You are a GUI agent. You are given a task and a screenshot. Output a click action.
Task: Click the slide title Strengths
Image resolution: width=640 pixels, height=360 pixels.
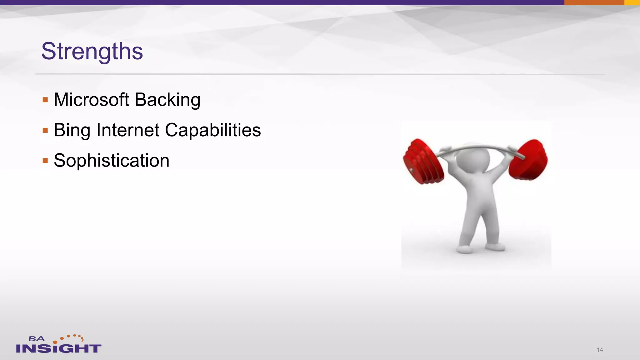point(92,51)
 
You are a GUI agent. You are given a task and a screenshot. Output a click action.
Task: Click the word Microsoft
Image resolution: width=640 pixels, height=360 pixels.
point(91,100)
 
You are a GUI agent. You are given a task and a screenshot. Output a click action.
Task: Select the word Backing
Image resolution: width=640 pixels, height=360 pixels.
point(167,100)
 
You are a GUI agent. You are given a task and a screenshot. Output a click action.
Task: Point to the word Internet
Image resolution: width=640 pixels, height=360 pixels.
point(128,130)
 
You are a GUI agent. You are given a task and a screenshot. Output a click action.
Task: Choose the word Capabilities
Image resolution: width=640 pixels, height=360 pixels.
point(213,131)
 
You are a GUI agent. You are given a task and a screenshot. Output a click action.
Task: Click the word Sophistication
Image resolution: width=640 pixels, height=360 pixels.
point(112,161)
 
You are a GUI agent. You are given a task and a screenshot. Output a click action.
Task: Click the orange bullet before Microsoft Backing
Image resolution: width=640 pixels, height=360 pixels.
point(45,100)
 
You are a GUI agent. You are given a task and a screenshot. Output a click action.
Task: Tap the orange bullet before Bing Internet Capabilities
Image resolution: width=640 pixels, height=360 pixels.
point(45,130)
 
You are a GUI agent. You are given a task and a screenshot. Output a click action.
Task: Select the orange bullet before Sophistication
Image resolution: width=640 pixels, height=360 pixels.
point(45,161)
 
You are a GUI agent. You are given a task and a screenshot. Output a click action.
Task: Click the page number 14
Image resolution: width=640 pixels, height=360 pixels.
point(600,350)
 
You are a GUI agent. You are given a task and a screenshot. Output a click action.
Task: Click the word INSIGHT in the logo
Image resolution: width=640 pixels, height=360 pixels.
point(59,348)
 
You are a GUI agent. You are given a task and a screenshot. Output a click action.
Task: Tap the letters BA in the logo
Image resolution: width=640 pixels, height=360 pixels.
point(37,339)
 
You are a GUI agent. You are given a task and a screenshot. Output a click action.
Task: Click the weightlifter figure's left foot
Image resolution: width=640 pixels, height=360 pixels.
point(465,249)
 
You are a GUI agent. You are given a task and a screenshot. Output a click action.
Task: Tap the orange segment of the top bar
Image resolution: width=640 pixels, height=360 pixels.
point(594,2)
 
